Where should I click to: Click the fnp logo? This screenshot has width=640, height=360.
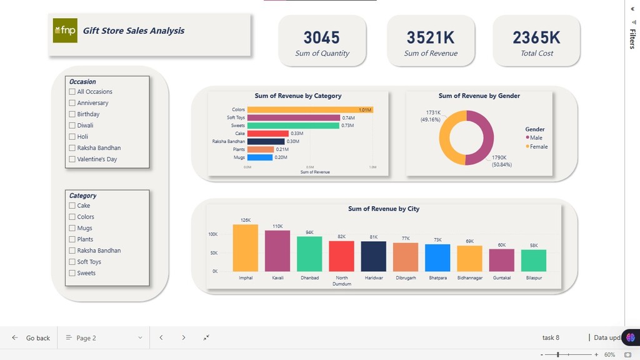(x=65, y=31)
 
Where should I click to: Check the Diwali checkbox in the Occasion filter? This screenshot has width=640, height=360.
(x=72, y=126)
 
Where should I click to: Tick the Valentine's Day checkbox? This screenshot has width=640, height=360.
(x=72, y=159)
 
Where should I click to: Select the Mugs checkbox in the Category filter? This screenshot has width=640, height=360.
(x=72, y=228)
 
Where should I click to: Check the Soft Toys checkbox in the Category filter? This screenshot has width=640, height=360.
(x=72, y=262)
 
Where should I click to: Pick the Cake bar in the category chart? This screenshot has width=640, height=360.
(x=267, y=133)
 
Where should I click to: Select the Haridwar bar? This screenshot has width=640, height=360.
(x=374, y=256)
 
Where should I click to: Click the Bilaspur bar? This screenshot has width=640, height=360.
(x=534, y=261)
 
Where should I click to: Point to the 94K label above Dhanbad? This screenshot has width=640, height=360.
(x=309, y=232)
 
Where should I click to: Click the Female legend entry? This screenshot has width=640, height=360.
(x=537, y=147)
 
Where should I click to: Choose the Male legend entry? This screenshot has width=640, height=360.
(x=534, y=137)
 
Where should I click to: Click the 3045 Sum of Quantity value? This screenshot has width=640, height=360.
(x=322, y=38)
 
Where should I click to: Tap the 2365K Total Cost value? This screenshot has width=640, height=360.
(x=537, y=38)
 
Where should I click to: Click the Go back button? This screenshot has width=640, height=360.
(x=31, y=338)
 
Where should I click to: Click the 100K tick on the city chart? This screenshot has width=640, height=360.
(x=213, y=234)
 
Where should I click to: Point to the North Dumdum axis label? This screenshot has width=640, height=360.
(x=342, y=281)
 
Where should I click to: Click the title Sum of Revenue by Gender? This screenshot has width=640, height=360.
(x=479, y=96)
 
